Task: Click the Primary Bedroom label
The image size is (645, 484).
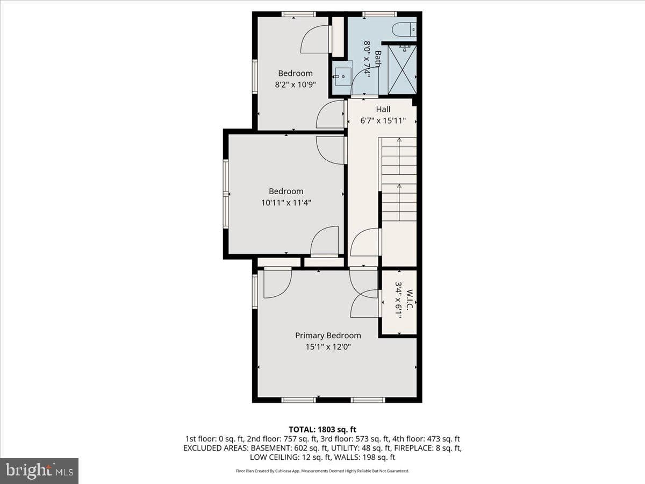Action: coord(328,335)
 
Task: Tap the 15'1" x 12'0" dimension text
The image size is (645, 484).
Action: coord(328,347)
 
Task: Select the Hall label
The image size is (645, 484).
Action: coord(383,109)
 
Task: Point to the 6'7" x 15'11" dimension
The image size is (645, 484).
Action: coord(383,120)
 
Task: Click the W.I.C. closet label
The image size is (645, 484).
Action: coord(410,299)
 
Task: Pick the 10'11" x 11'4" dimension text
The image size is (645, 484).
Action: coord(286,203)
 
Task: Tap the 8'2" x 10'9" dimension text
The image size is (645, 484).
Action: coord(295,84)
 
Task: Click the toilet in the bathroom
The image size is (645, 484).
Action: coord(404,30)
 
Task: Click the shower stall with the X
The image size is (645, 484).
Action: coord(402,69)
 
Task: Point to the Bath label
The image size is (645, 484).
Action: coord(378,59)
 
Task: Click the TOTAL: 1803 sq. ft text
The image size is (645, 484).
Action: coord(322,430)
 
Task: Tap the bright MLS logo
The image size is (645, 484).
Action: coord(39,471)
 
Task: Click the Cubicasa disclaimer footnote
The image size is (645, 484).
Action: coord(322,471)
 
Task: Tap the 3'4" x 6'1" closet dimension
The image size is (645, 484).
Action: coord(398,301)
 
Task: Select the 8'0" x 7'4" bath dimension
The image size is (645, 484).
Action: coord(367,59)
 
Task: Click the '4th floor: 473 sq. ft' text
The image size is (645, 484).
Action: coord(426,439)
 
